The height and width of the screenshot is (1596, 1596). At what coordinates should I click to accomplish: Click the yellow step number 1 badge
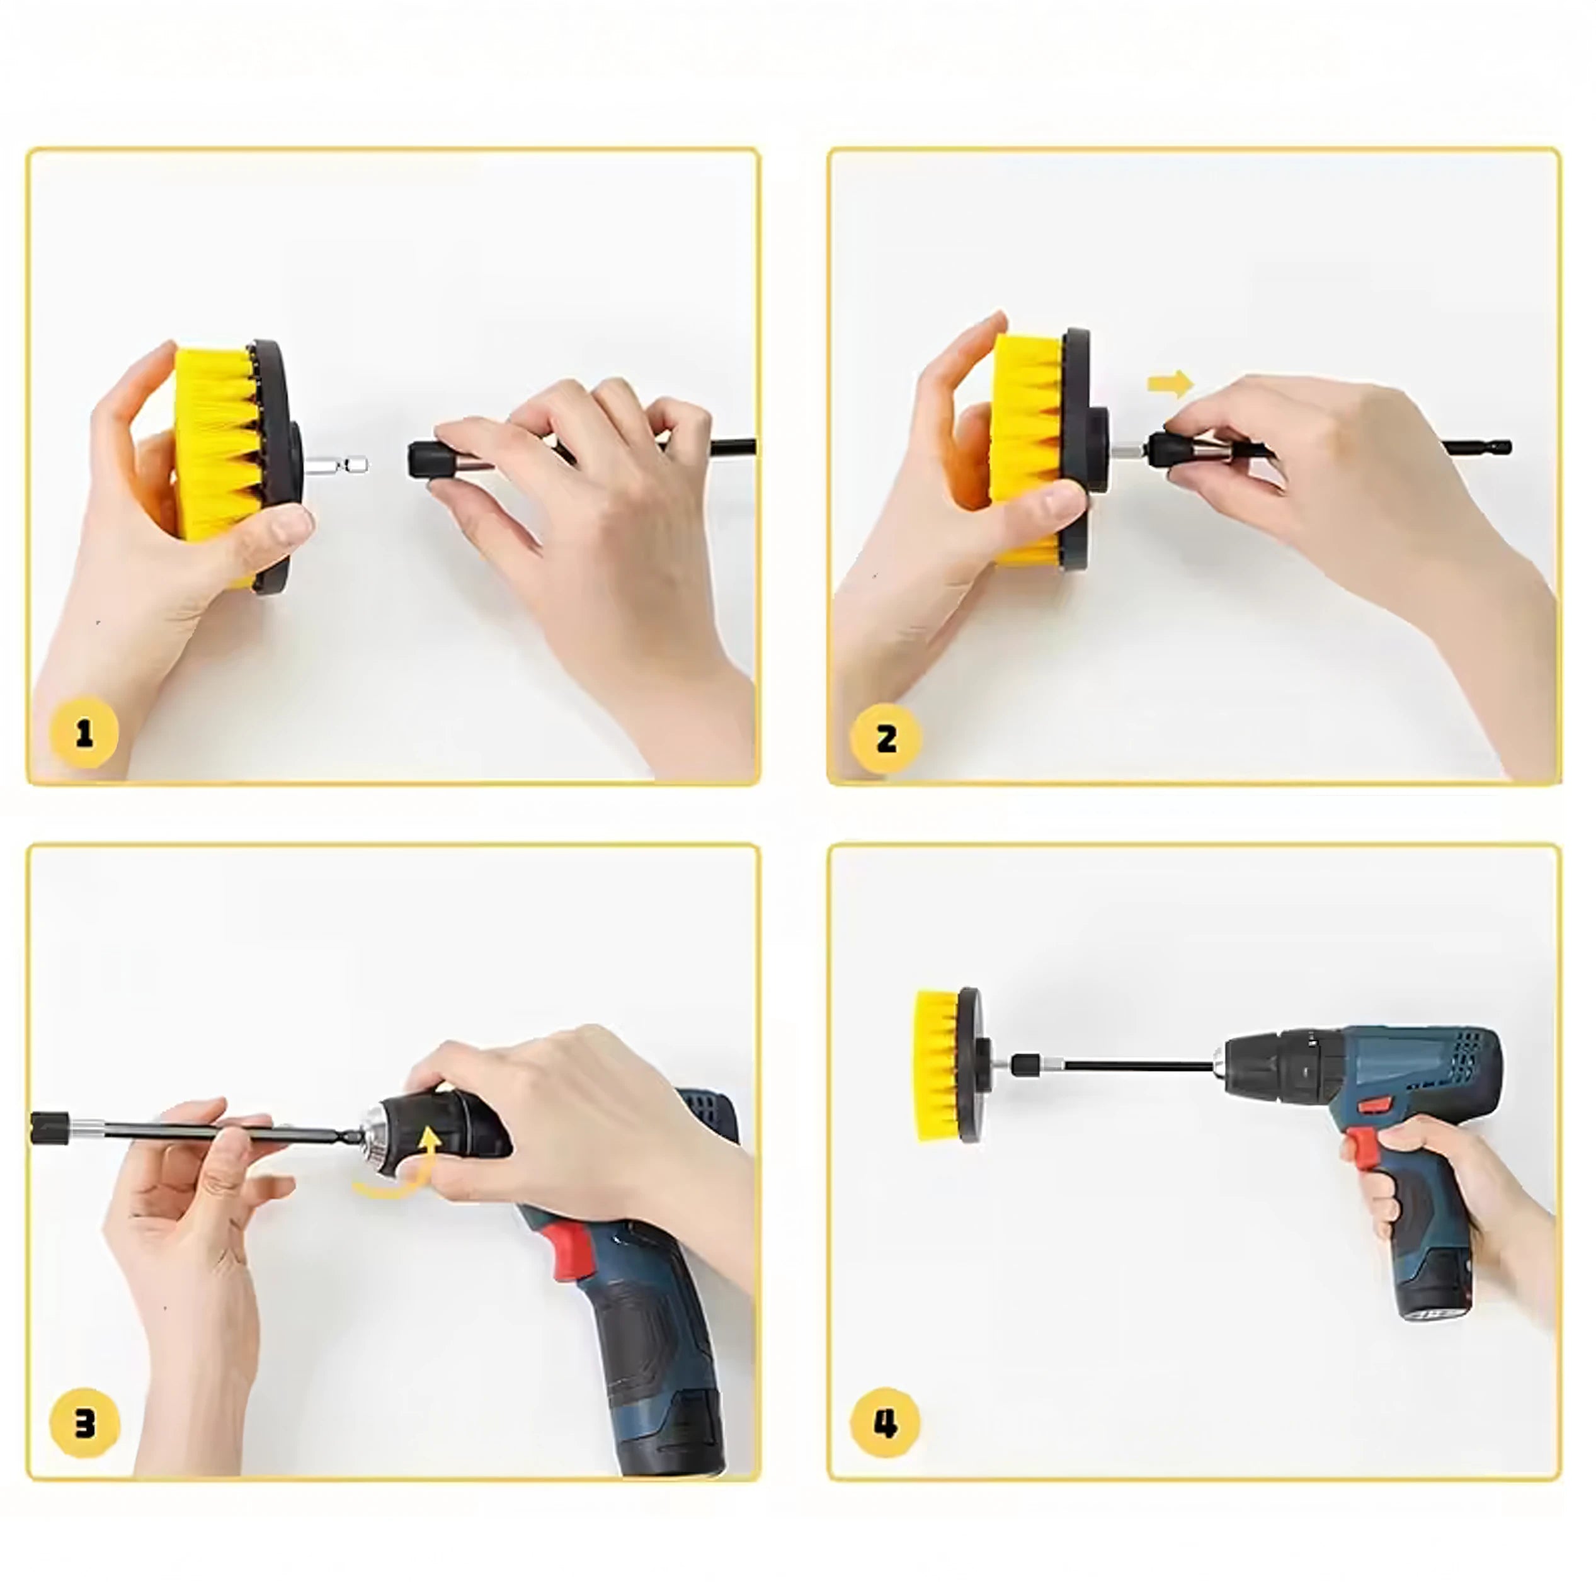pos(84,732)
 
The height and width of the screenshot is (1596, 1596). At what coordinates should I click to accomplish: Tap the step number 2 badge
pos(886,737)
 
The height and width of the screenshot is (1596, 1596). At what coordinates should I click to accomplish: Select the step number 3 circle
pos(84,1424)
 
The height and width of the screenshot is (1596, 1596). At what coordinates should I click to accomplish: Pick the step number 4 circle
pos(886,1425)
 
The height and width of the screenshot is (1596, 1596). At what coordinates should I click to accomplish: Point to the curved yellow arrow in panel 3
pos(396,1167)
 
